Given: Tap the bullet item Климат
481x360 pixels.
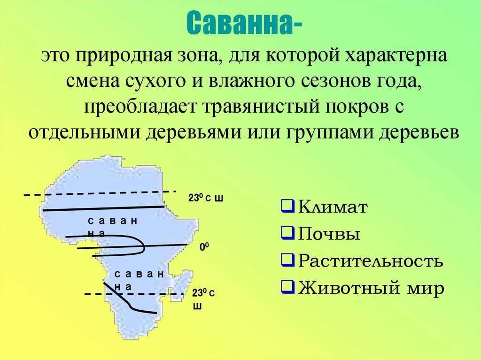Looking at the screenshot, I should [x=332, y=207].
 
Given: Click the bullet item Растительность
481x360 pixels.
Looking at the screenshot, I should [x=370, y=260].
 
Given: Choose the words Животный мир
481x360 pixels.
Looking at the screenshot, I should [x=371, y=287].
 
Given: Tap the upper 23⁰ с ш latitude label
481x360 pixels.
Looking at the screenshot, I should [x=205, y=199].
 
